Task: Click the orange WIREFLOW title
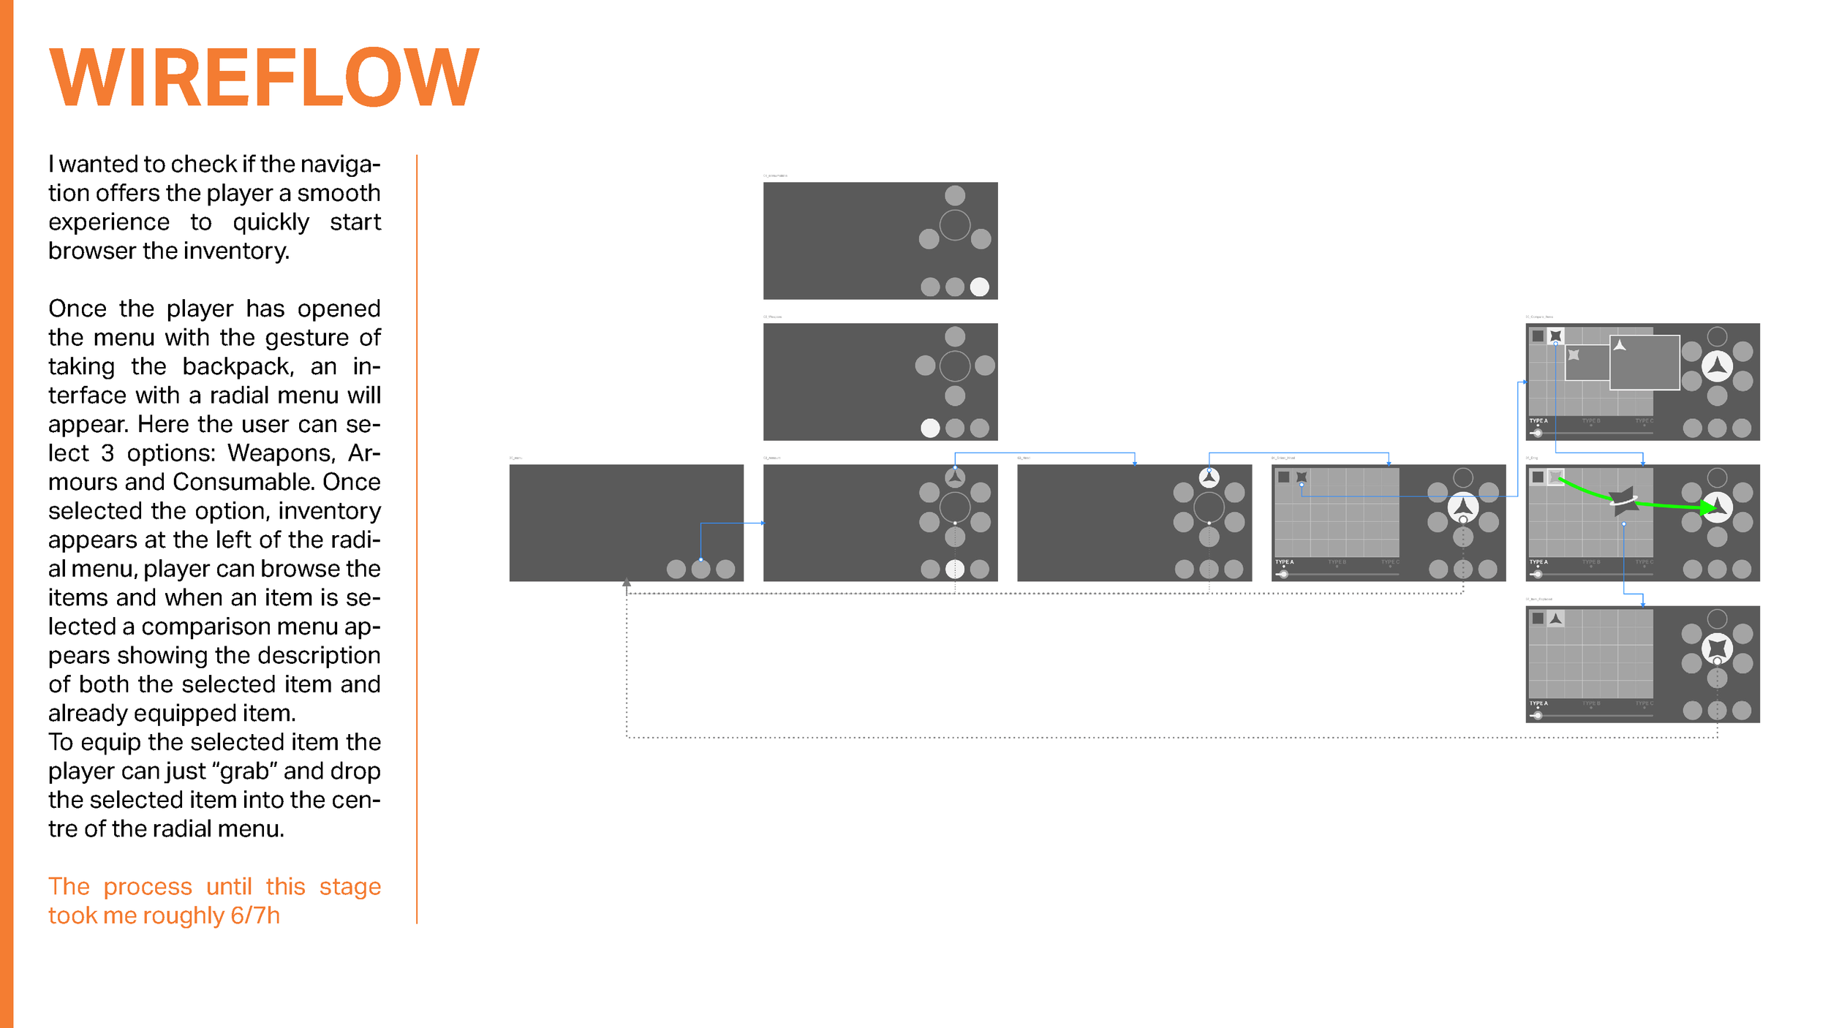(x=264, y=77)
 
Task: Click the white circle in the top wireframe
(x=979, y=287)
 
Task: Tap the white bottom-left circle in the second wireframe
(x=930, y=428)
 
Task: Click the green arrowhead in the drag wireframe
(x=1710, y=507)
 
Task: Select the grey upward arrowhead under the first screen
(x=627, y=583)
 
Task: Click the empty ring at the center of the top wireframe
(x=954, y=224)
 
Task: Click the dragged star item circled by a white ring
(x=1624, y=499)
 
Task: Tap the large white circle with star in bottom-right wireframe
(x=1717, y=648)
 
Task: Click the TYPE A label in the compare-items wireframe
(x=1538, y=421)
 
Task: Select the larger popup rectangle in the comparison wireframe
(x=1644, y=363)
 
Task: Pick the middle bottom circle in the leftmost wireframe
(x=700, y=569)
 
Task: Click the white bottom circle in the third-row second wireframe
(x=954, y=569)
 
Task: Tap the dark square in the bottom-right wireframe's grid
(x=1538, y=619)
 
